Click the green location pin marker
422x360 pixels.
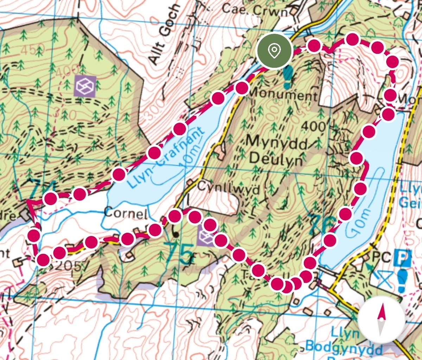pos(274,51)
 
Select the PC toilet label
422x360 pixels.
pos(382,258)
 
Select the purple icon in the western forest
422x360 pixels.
pos(85,86)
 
